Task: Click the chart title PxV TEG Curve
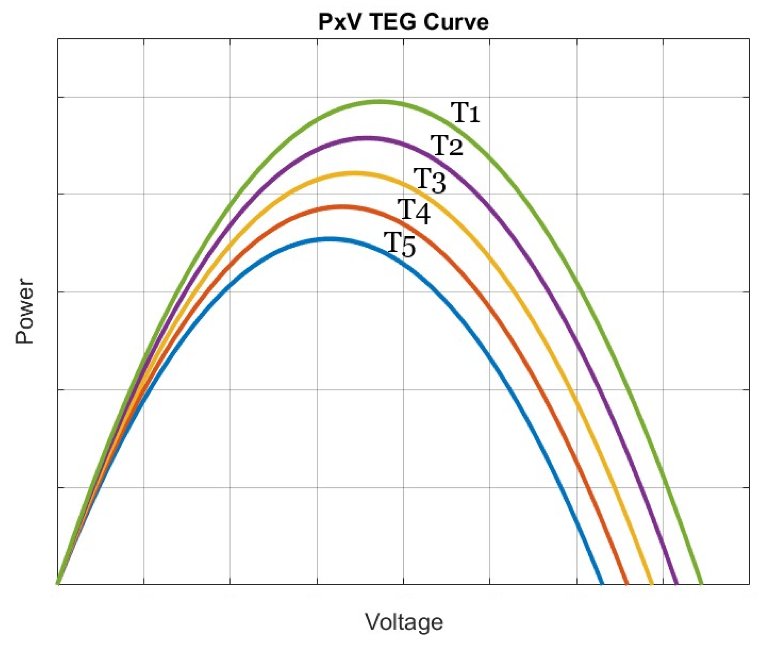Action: (x=403, y=22)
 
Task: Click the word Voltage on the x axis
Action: (x=404, y=622)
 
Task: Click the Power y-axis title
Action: (x=24, y=312)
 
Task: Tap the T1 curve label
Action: (x=465, y=113)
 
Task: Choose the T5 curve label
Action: (x=400, y=245)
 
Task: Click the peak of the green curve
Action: (x=379, y=102)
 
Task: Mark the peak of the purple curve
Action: (x=366, y=138)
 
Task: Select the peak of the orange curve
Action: (x=341, y=207)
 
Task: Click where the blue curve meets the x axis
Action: (x=602, y=583)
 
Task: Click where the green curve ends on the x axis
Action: (x=701, y=583)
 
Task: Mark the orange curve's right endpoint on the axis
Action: (x=626, y=583)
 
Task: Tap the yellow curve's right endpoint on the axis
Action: (x=651, y=583)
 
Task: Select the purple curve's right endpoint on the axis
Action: (x=676, y=583)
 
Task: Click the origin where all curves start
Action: (x=58, y=584)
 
